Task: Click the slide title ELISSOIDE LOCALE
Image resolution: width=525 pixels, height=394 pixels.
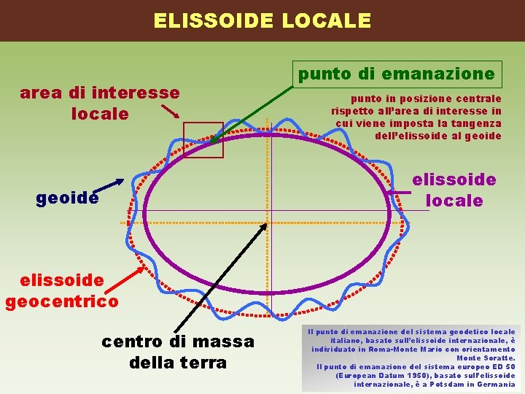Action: [x=262, y=20]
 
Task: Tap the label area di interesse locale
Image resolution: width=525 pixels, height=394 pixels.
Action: [x=100, y=104]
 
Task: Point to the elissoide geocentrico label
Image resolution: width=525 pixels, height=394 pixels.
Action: [x=61, y=290]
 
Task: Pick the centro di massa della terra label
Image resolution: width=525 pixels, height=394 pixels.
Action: [x=178, y=351]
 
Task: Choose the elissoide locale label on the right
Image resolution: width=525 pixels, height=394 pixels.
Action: [x=454, y=190]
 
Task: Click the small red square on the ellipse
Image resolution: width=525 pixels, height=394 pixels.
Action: [x=203, y=139]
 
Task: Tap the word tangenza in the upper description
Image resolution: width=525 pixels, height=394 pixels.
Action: [x=475, y=123]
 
